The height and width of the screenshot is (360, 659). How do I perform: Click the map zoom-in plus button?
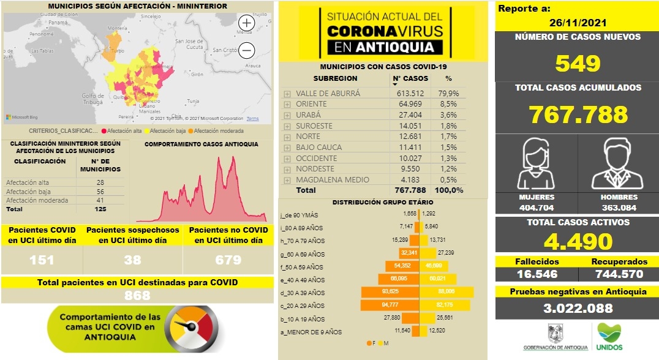[x=246, y=23]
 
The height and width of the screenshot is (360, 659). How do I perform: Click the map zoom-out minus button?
[x=246, y=50]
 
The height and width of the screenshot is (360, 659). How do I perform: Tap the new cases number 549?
[x=577, y=63]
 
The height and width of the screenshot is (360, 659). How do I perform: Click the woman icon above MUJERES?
[x=536, y=163]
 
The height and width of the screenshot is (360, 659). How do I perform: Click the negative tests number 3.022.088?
[x=578, y=309]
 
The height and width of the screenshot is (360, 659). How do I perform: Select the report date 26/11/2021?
[x=578, y=23]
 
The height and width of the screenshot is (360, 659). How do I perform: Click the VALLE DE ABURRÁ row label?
[x=328, y=94]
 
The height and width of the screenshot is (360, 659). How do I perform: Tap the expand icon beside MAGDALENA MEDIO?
[x=287, y=180]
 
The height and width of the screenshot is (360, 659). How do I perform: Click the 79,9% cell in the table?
[x=448, y=94]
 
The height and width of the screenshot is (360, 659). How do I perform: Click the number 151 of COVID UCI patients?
[x=42, y=260]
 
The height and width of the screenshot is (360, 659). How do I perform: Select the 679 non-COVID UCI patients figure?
[x=228, y=260]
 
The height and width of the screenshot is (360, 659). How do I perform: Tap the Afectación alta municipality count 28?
[x=100, y=182]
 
